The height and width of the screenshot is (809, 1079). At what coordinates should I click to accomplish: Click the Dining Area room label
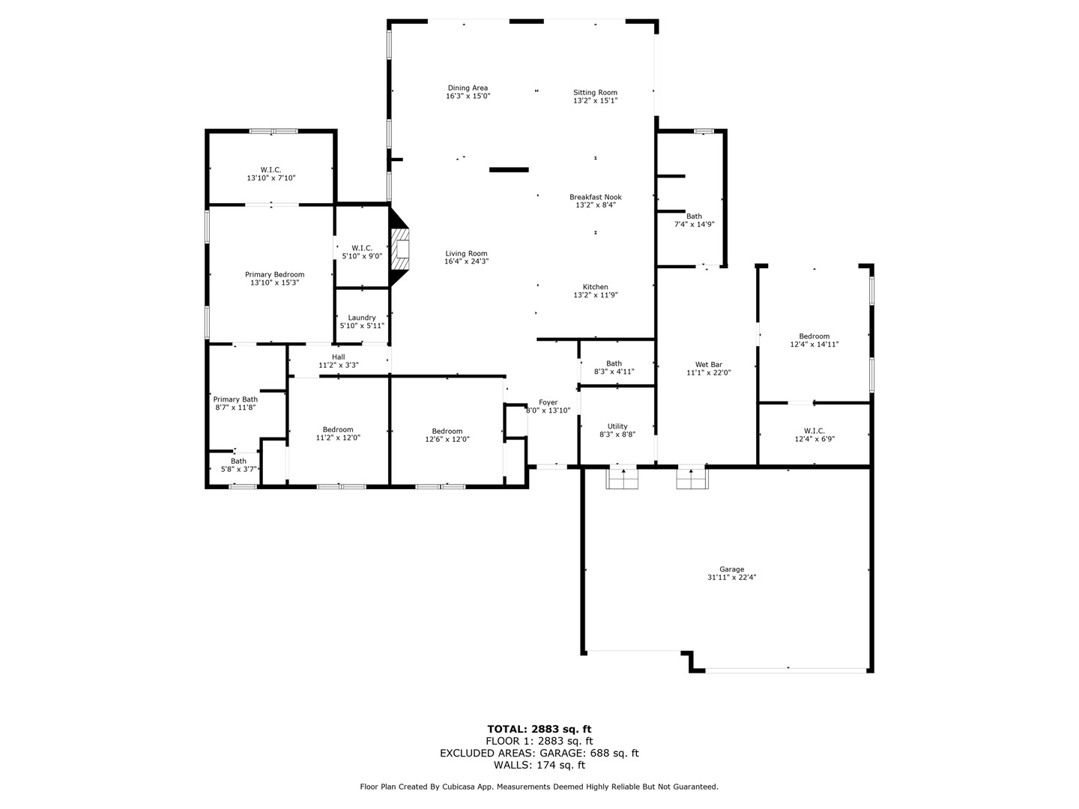[468, 88]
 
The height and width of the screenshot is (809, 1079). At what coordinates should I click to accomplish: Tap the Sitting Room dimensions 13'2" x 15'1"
[595, 100]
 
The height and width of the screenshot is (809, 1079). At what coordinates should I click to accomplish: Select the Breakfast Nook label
[595, 197]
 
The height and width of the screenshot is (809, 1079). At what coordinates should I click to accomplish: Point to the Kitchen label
[595, 287]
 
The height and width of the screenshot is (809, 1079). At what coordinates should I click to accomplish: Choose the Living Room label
[466, 253]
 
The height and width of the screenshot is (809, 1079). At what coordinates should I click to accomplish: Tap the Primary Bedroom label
[274, 275]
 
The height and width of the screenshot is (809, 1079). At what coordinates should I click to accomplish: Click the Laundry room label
[362, 318]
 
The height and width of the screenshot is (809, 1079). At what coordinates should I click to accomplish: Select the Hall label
[339, 357]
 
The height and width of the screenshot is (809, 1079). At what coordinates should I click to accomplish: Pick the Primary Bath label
[235, 399]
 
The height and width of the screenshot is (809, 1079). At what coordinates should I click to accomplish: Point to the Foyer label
[548, 402]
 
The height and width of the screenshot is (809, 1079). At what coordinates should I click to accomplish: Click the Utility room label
[617, 426]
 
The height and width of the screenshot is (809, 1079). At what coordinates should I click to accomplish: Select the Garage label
[731, 569]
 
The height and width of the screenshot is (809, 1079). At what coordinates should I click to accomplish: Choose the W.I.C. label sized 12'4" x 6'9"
[814, 431]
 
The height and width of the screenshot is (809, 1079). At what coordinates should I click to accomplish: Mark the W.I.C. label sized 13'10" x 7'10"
[270, 169]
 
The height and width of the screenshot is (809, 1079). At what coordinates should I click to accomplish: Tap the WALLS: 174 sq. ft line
[539, 765]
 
